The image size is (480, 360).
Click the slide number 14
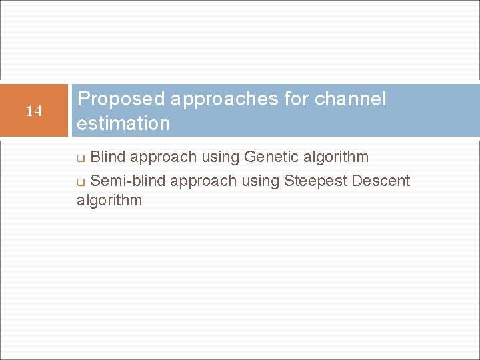click(x=33, y=111)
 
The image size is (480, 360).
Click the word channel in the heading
click(x=351, y=99)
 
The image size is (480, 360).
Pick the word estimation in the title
click(x=123, y=123)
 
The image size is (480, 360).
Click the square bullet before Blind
click(x=81, y=159)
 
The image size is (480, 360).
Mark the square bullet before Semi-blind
click(x=81, y=182)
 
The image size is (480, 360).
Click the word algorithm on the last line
click(x=109, y=200)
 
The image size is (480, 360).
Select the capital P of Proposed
click(x=84, y=99)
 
